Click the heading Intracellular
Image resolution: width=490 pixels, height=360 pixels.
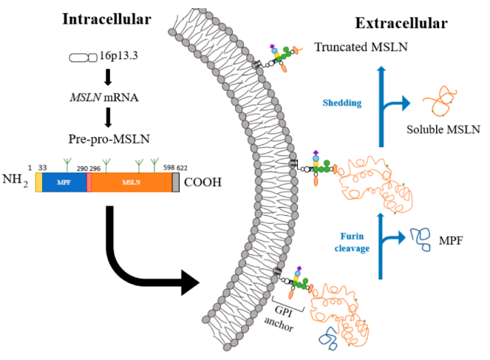click(107, 19)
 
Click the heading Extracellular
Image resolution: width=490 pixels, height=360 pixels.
click(401, 23)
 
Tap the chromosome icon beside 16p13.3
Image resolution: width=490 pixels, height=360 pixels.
click(83, 58)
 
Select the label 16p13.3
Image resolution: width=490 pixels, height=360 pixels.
click(119, 55)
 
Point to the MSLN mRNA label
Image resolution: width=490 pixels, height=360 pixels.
click(104, 98)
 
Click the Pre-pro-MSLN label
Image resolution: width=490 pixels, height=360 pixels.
click(109, 139)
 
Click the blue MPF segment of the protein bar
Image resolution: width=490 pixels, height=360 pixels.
click(64, 182)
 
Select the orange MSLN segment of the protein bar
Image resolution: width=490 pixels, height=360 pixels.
click(132, 182)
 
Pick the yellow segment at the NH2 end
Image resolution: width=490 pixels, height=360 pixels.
click(38, 182)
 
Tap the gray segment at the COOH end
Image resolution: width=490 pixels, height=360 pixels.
click(176, 182)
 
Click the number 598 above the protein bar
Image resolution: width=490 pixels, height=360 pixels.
click(169, 168)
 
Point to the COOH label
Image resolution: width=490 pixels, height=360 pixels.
click(203, 182)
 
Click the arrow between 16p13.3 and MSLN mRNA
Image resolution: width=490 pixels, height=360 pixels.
click(108, 77)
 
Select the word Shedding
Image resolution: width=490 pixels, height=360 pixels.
click(342, 103)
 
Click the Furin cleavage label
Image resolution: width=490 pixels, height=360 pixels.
click(353, 242)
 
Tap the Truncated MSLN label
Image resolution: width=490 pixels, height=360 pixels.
click(361, 47)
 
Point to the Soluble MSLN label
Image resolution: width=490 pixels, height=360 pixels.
click(443, 129)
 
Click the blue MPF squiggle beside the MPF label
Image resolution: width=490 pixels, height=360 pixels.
click(421, 239)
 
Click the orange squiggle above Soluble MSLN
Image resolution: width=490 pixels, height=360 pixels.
click(440, 101)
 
